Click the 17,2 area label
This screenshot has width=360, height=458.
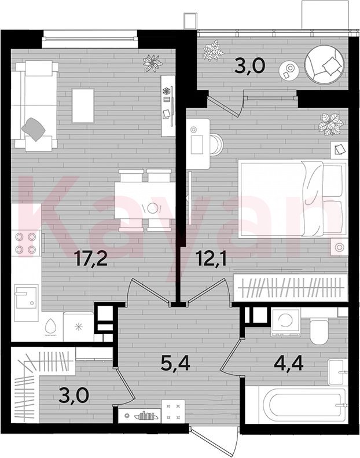click(x=91, y=259)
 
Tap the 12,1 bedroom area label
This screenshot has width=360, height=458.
click(x=212, y=259)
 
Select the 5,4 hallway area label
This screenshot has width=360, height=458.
click(x=175, y=364)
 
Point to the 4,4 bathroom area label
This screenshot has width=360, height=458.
click(x=289, y=363)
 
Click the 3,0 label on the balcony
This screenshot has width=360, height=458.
click(x=250, y=66)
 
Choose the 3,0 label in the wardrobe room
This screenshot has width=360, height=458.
click(x=74, y=395)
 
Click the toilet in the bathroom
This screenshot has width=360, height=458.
click(x=319, y=331)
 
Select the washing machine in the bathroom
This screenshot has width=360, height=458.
click(x=285, y=322)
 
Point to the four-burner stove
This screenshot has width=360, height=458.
click(x=26, y=243)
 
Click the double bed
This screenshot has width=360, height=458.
click(x=292, y=199)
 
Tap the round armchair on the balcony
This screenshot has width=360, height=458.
click(x=324, y=64)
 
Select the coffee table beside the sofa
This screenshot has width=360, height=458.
click(x=83, y=106)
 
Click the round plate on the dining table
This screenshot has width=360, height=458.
click(x=152, y=208)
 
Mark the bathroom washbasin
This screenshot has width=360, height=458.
click(x=337, y=372)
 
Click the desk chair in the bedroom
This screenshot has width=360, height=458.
click(x=216, y=144)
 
